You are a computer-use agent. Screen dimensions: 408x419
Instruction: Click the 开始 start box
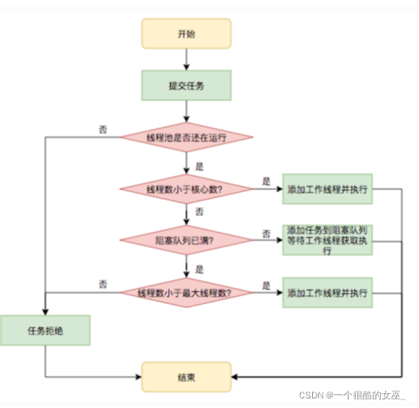coord(187,34)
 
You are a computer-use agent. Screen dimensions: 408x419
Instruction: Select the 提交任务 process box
coord(187,84)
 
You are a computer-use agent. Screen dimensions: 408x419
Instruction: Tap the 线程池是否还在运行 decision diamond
coord(187,137)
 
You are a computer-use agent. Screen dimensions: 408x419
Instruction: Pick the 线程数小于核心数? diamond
coord(187,188)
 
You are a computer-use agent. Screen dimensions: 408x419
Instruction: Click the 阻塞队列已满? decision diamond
coord(187,240)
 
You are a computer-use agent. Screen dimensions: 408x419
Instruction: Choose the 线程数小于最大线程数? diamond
coord(187,293)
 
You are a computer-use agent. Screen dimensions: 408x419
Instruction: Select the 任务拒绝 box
coord(44,330)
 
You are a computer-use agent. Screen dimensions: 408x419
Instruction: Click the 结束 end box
coord(187,375)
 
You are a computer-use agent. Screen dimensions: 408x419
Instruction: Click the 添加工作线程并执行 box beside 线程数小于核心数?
coord(327,188)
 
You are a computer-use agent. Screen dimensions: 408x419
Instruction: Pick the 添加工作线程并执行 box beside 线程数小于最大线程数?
coord(327,293)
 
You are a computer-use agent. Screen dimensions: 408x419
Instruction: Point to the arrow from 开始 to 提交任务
coord(187,59)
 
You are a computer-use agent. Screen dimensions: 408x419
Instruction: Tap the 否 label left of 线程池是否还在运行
coord(103,129)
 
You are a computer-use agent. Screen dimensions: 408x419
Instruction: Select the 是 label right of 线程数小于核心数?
coord(266,181)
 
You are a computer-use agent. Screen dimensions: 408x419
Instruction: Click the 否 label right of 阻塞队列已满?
coord(266,233)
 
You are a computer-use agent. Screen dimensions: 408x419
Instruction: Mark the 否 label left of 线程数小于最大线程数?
coord(103,284)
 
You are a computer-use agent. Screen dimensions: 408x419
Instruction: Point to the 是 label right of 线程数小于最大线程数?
coord(266,284)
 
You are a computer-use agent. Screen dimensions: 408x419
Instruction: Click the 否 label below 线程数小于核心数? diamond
coord(200,212)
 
